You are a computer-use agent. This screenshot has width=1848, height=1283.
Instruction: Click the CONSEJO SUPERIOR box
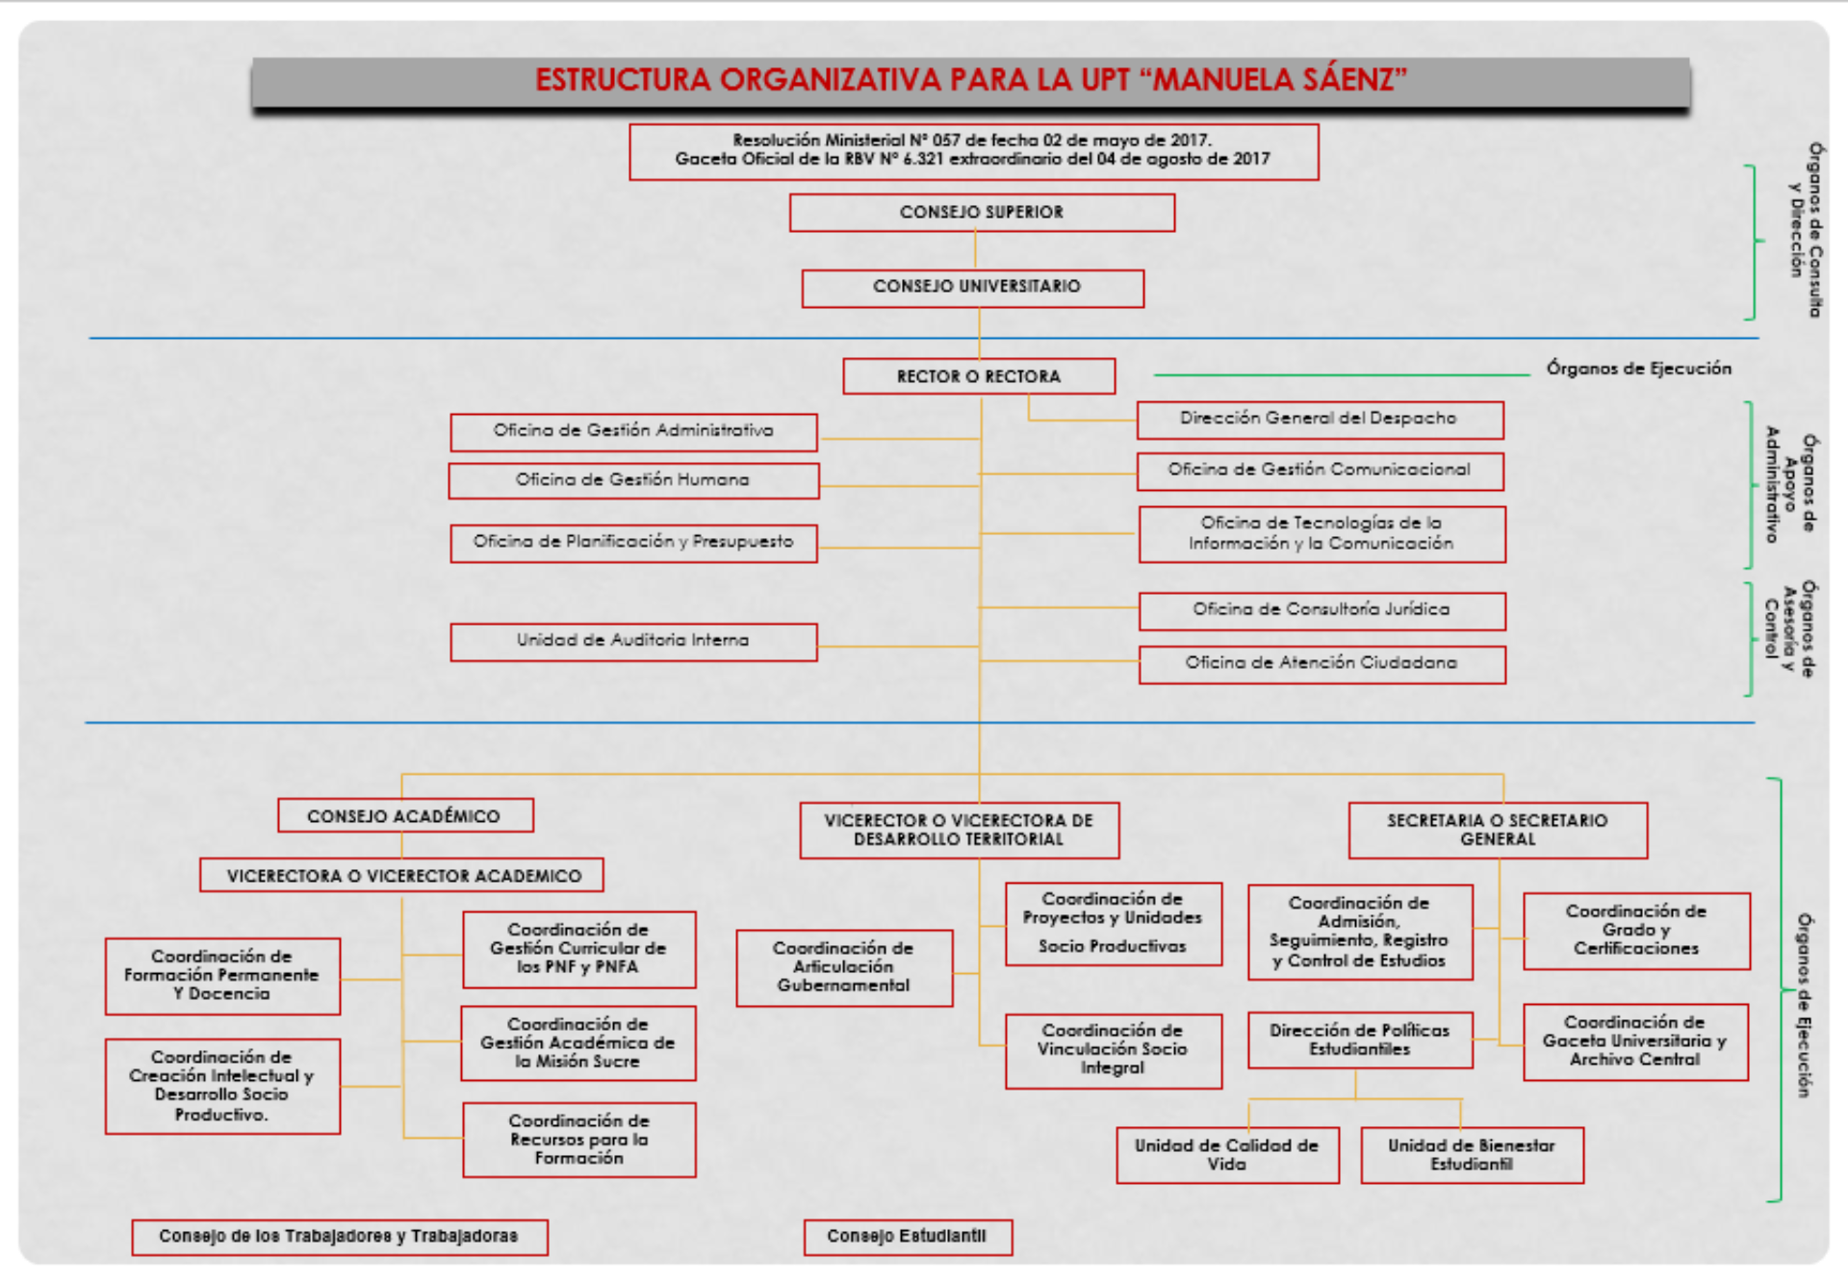(x=982, y=213)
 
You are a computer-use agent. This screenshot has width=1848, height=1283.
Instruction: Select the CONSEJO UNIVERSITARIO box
(x=973, y=288)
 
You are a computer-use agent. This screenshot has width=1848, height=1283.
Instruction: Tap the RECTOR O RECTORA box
(x=979, y=376)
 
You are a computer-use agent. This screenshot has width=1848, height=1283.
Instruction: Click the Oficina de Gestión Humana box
(x=633, y=480)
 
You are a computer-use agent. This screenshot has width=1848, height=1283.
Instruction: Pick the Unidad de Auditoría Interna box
(x=633, y=641)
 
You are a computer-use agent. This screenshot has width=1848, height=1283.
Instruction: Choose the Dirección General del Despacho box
(x=1319, y=419)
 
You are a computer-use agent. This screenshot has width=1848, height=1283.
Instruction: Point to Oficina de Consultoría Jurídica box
(x=1322, y=610)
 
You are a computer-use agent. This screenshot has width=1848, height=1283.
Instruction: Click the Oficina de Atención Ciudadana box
(x=1322, y=663)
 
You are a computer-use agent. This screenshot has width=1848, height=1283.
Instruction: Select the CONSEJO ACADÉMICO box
(x=404, y=816)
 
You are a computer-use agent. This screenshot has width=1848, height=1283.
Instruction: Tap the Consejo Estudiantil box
(x=908, y=1237)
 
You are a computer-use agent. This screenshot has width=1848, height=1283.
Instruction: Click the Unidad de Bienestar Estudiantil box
(x=1472, y=1155)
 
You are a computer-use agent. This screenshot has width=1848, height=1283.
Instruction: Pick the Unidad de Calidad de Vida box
(x=1227, y=1155)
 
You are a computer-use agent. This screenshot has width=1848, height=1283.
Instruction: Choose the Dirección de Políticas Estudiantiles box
(x=1359, y=1039)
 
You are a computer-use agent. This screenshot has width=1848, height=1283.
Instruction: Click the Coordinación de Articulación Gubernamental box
(x=844, y=967)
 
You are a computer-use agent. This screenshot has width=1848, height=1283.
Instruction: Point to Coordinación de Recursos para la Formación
(x=578, y=1140)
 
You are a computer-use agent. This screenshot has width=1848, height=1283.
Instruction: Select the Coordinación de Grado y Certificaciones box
(x=1635, y=931)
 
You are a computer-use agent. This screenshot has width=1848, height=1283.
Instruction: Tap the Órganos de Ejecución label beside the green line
(x=1638, y=369)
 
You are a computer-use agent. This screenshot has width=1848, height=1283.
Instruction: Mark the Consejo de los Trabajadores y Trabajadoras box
(x=339, y=1237)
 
